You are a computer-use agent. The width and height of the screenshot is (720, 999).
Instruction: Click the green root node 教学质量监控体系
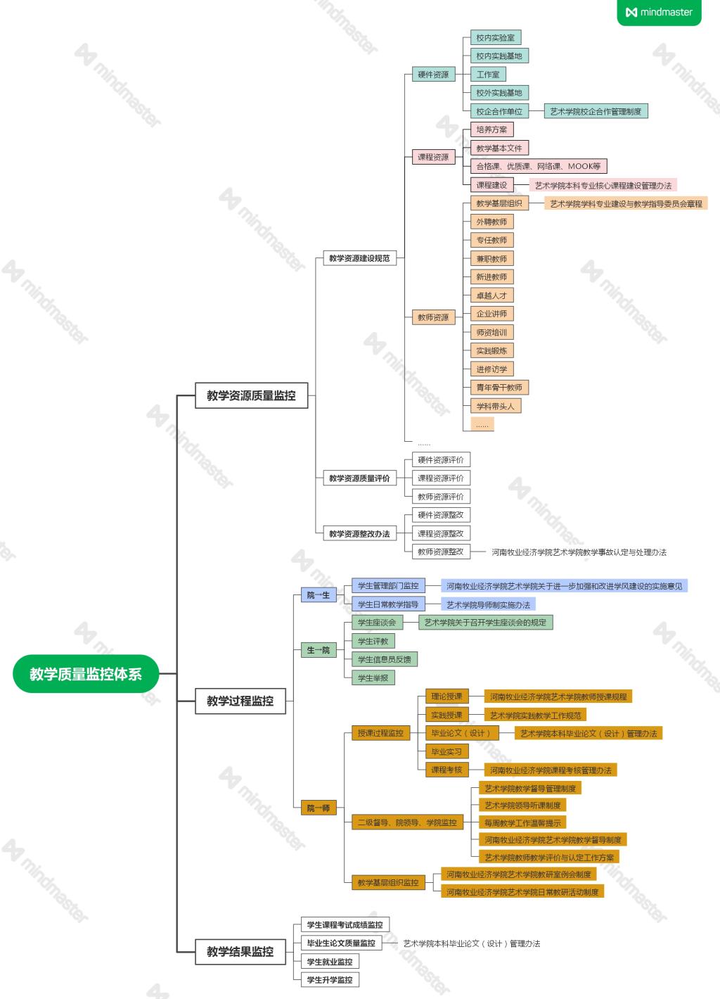coord(86,674)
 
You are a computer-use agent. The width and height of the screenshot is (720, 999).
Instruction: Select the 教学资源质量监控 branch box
coord(251,395)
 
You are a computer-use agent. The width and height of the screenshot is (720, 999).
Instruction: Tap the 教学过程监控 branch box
coord(240,701)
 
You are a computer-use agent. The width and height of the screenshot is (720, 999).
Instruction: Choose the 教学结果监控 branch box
coord(240,951)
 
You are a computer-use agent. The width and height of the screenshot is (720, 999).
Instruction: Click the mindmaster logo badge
coord(659,12)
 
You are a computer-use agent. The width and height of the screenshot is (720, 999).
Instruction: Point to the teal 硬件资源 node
coord(433,75)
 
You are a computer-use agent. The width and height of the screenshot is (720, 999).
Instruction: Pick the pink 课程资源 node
coord(433,157)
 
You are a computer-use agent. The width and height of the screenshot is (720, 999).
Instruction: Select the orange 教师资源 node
coord(433,317)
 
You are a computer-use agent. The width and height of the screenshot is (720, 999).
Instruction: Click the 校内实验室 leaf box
coord(495,38)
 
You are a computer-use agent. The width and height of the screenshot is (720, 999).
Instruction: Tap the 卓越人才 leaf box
coord(491,295)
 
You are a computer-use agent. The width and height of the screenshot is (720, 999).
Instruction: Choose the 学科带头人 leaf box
coord(495,406)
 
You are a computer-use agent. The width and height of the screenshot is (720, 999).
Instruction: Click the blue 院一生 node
coord(318,595)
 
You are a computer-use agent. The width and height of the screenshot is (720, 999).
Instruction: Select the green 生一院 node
coord(318,650)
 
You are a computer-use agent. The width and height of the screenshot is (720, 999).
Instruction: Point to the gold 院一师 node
coord(318,808)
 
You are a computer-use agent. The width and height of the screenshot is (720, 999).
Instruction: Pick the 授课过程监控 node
coord(380,733)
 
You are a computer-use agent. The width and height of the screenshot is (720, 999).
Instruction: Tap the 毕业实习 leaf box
coord(446,751)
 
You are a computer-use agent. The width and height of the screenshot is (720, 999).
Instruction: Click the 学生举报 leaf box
coord(373,677)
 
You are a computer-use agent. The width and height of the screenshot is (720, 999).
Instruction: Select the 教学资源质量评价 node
coord(359,478)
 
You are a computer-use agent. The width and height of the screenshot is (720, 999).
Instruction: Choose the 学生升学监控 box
coord(330,979)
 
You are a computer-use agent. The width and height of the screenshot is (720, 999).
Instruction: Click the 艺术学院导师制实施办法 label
coord(488,604)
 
